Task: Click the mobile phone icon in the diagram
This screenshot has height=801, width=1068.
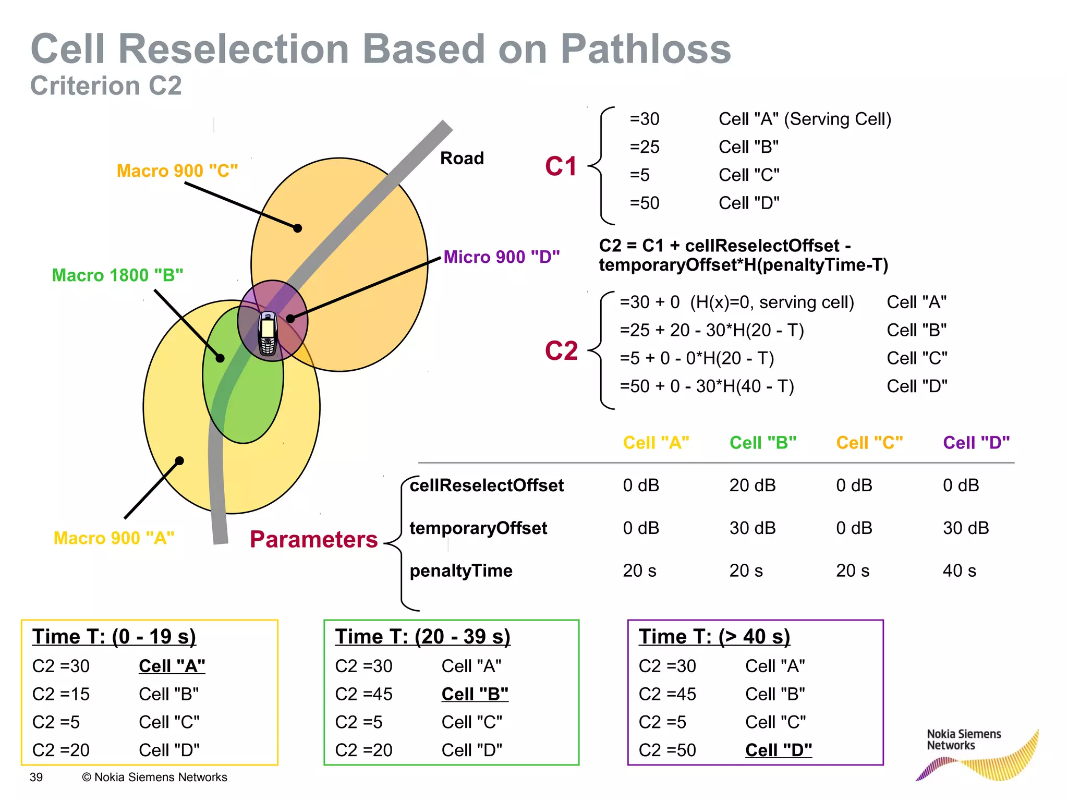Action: click(268, 334)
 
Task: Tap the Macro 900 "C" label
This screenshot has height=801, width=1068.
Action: click(177, 171)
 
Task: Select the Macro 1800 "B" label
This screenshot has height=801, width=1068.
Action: click(117, 275)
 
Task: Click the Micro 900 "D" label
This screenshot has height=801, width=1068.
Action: click(501, 257)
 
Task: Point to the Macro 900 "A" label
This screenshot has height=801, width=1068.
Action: click(114, 538)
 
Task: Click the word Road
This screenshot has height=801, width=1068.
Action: click(462, 158)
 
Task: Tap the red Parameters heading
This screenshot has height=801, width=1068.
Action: click(313, 539)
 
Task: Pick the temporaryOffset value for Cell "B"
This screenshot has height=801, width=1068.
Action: click(752, 528)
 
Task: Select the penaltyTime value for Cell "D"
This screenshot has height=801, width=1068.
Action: click(959, 571)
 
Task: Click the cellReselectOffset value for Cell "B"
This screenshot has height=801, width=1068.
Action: click(752, 485)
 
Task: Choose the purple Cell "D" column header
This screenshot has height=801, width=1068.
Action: click(976, 443)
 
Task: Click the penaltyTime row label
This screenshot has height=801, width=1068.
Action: click(461, 571)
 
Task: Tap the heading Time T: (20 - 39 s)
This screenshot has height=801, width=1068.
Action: click(422, 637)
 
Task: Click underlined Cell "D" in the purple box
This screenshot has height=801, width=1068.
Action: click(778, 750)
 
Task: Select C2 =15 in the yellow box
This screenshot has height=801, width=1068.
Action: click(61, 694)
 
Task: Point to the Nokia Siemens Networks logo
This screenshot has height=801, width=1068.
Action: click(975, 754)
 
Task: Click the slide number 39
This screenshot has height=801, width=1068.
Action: click(36, 777)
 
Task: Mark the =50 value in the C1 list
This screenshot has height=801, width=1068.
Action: click(645, 203)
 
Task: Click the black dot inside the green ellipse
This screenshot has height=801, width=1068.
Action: click(220, 358)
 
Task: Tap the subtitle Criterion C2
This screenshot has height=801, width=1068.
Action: click(106, 86)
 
